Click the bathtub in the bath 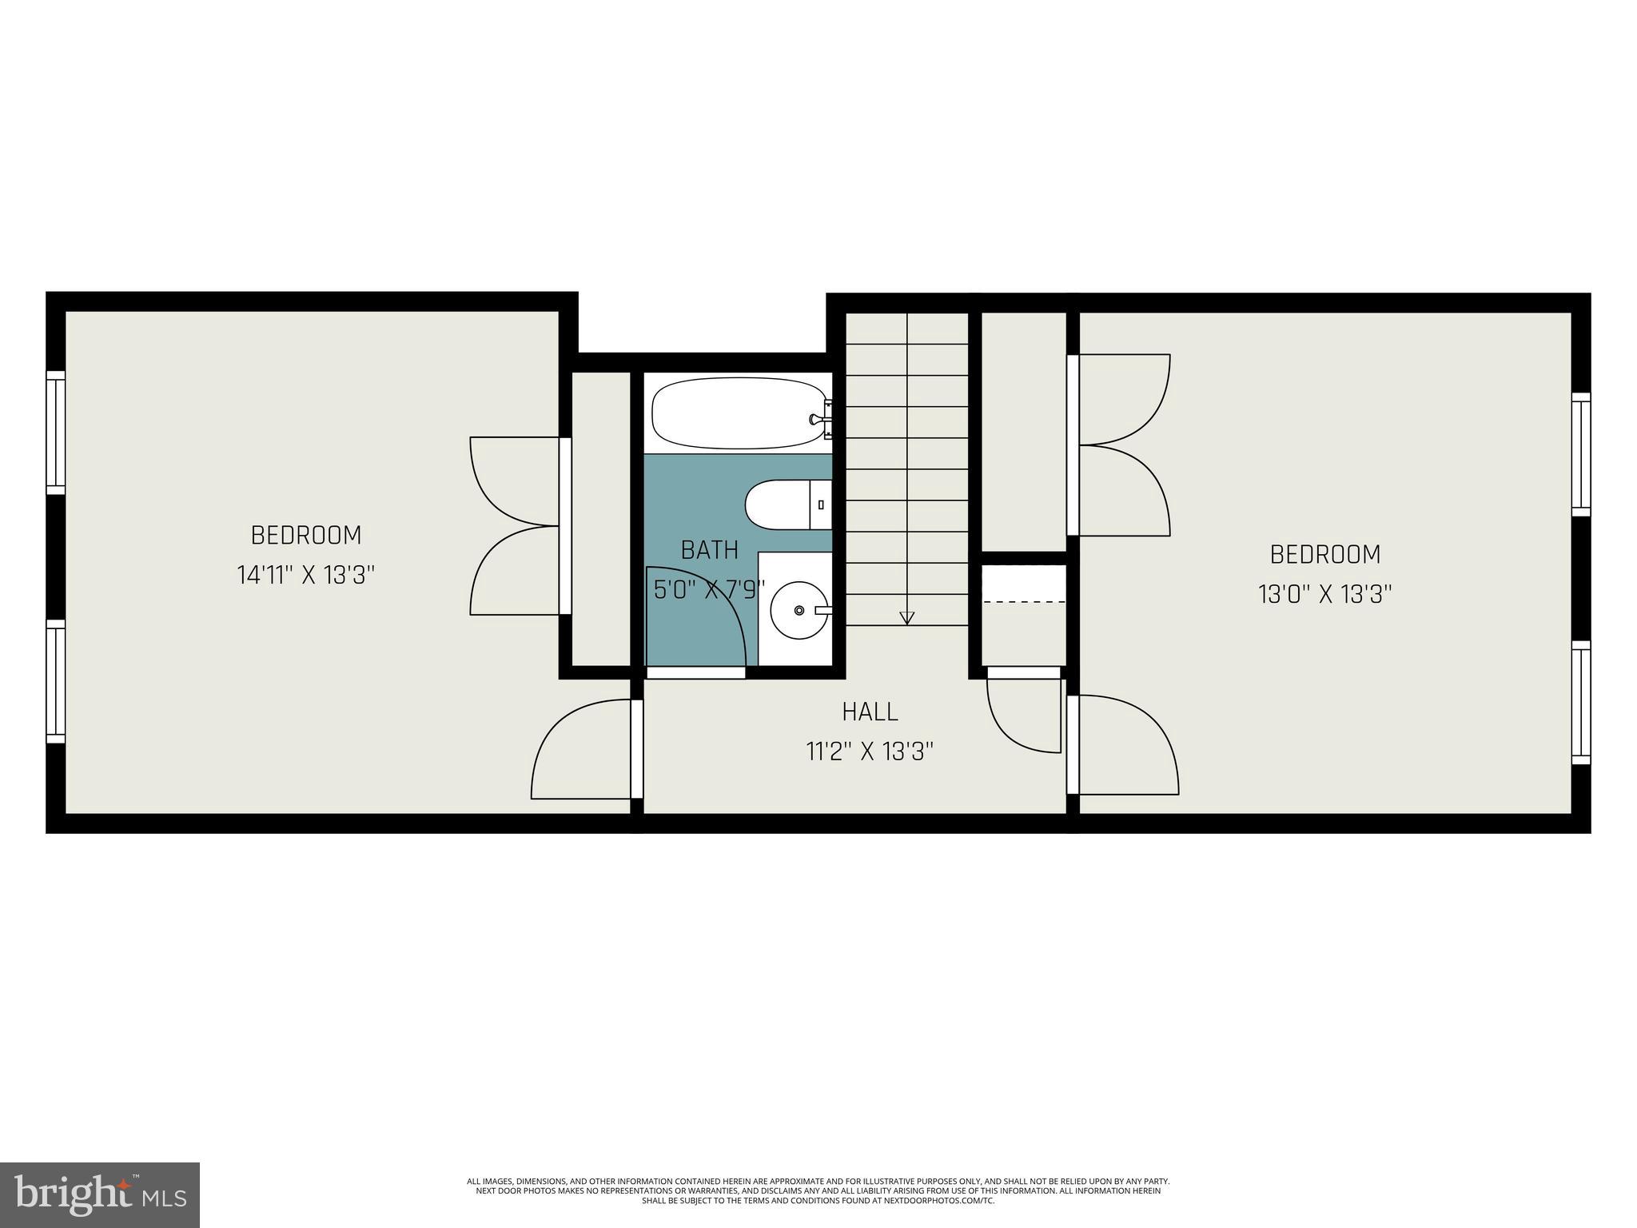coord(737,413)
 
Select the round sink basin coord(799,610)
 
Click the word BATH coord(709,550)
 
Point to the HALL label coord(870,711)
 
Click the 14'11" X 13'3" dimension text coord(305,575)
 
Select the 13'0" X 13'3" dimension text coord(1325,594)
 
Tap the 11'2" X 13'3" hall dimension coord(870,752)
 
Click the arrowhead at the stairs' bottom coord(906,617)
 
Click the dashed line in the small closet coord(1024,601)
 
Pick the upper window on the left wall coord(55,433)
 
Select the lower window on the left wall coord(55,681)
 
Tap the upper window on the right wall coord(1580,454)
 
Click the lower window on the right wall coord(1580,703)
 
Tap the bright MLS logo coord(99,1194)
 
